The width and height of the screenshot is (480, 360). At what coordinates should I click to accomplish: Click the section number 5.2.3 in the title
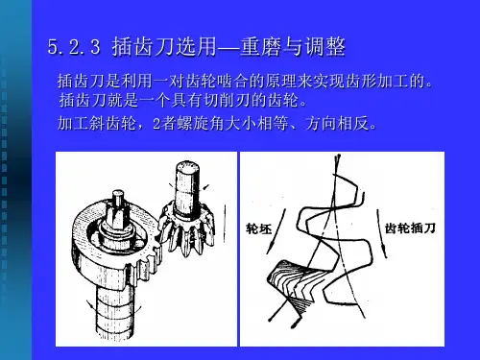[74, 47]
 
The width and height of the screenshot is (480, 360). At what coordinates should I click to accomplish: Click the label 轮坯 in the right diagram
[258, 229]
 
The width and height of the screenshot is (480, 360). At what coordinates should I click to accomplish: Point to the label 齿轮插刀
[410, 228]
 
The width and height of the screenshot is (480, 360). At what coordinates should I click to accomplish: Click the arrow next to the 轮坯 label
[276, 231]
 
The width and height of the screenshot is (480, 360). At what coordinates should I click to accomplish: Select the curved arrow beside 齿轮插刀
[382, 233]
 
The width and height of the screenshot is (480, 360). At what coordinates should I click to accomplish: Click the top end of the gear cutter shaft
[187, 166]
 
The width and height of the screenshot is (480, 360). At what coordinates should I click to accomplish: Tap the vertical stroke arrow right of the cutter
[226, 224]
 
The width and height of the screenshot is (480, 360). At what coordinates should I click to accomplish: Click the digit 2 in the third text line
[156, 124]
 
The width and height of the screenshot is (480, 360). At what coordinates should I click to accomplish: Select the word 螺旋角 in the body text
[200, 123]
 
